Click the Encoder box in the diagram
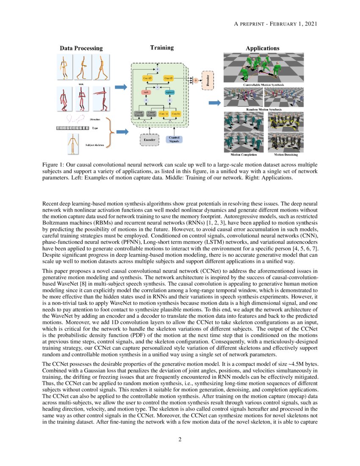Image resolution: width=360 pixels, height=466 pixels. pos(149,139)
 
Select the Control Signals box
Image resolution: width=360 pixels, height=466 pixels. pos(174,139)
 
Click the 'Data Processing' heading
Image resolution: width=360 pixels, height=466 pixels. pos(81,48)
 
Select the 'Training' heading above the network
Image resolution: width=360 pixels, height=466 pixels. pos(162,47)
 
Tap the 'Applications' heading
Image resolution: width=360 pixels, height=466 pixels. pos(263,48)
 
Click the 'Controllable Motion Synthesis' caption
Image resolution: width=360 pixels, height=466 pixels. pos(263,85)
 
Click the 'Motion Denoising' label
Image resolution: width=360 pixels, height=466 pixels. pos(285,155)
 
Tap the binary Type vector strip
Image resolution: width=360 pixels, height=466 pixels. pos(72,128)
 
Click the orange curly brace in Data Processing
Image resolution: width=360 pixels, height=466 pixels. pos(111,132)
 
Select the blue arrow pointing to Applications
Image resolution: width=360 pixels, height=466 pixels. pos(215,103)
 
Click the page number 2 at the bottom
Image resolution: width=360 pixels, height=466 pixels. pos(180,439)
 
